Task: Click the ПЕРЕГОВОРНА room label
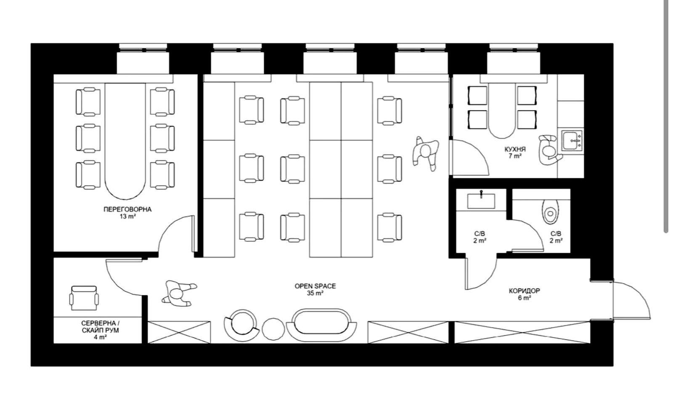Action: (127, 209)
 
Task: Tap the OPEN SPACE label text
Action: (315, 286)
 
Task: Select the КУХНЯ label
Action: (515, 149)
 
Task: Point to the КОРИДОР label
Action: (524, 291)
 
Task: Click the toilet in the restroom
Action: (551, 211)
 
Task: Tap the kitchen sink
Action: (572, 140)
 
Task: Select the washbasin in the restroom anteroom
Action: (481, 200)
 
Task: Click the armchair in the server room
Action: (84, 298)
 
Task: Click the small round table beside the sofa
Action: (273, 329)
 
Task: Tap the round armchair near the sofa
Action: (241, 325)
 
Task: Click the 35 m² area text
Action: (315, 293)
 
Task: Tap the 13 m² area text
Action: (127, 217)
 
